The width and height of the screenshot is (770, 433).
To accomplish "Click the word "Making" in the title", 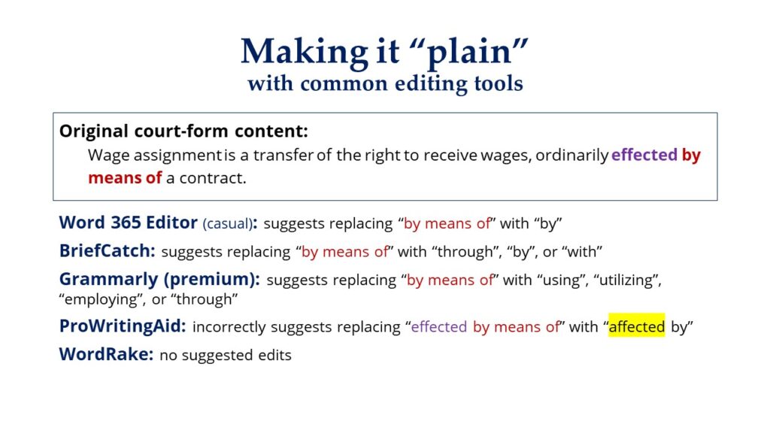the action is pyautogui.click(x=305, y=52).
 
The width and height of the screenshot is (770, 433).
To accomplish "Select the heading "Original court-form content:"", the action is pyautogui.click(x=183, y=131).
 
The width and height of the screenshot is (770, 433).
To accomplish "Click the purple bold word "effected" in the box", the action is pyautogui.click(x=644, y=155).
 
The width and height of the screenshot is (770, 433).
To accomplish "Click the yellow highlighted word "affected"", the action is pyautogui.click(x=636, y=326).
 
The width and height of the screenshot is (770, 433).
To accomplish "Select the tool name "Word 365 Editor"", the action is pyautogui.click(x=128, y=223).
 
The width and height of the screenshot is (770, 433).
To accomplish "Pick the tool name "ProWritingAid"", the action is pyautogui.click(x=121, y=326).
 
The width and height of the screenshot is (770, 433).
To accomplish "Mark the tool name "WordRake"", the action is pyautogui.click(x=105, y=354).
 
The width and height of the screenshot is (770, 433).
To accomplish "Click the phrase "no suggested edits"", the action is pyautogui.click(x=226, y=355).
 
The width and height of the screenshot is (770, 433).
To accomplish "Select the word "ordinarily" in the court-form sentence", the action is pyautogui.click(x=571, y=156).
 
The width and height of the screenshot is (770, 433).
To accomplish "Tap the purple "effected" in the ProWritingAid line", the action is pyautogui.click(x=438, y=327).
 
